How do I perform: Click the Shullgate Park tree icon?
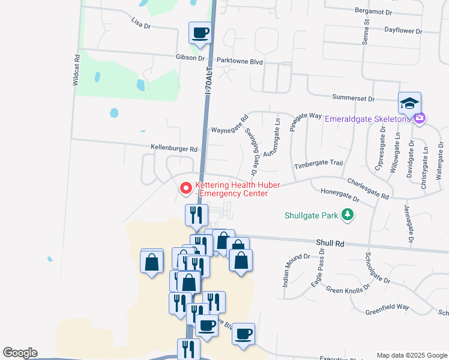coord(346,214)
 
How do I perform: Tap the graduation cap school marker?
coord(409,103)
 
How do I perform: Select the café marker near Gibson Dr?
coord(200,32)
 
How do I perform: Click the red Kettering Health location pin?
coord(186,188)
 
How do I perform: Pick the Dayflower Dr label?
coord(403,30)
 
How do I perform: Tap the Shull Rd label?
coord(331,244)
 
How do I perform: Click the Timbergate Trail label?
coord(318,163)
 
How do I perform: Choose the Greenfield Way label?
coord(387,307)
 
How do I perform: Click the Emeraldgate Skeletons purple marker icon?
coord(420,118)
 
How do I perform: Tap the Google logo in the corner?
coord(20,353)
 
